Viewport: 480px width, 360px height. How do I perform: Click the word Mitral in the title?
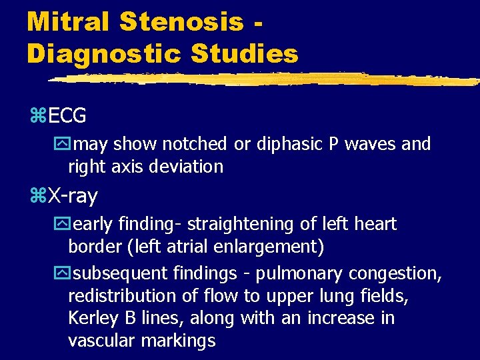(68, 21)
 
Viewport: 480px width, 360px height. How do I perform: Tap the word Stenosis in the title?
(183, 21)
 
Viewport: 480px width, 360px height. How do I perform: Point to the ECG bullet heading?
(67, 115)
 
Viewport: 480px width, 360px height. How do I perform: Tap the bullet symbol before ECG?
(37, 116)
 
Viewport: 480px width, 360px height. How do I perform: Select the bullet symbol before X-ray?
(37, 197)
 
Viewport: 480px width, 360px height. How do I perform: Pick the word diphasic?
(283, 144)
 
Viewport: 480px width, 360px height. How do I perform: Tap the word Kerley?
(94, 319)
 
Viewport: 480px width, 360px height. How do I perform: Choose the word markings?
(182, 341)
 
